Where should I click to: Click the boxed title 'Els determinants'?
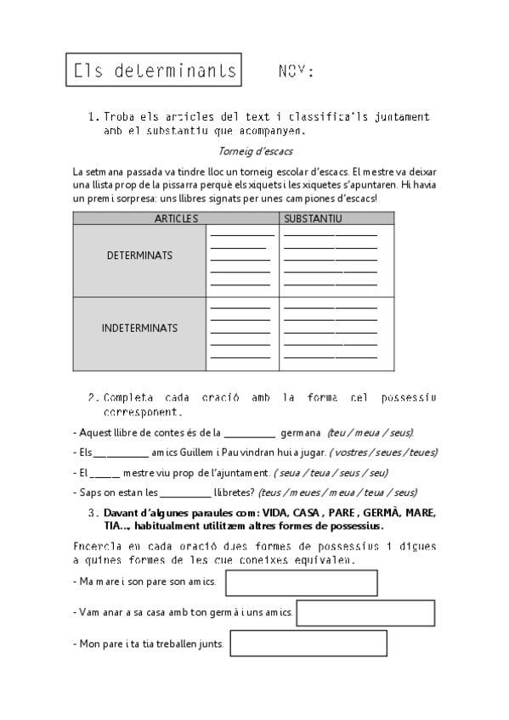(154, 71)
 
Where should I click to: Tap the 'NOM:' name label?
(296, 71)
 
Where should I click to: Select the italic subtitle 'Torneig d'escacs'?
(255, 152)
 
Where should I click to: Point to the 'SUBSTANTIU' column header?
(314, 218)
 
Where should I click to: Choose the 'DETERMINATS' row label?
(139, 255)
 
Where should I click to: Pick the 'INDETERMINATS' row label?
(139, 328)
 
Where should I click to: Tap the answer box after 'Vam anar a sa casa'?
(365, 612)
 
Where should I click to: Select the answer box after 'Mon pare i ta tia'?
(308, 643)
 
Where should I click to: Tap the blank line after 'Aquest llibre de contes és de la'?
(250, 433)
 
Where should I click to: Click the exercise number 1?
(92, 116)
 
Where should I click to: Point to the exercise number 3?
(91, 514)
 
